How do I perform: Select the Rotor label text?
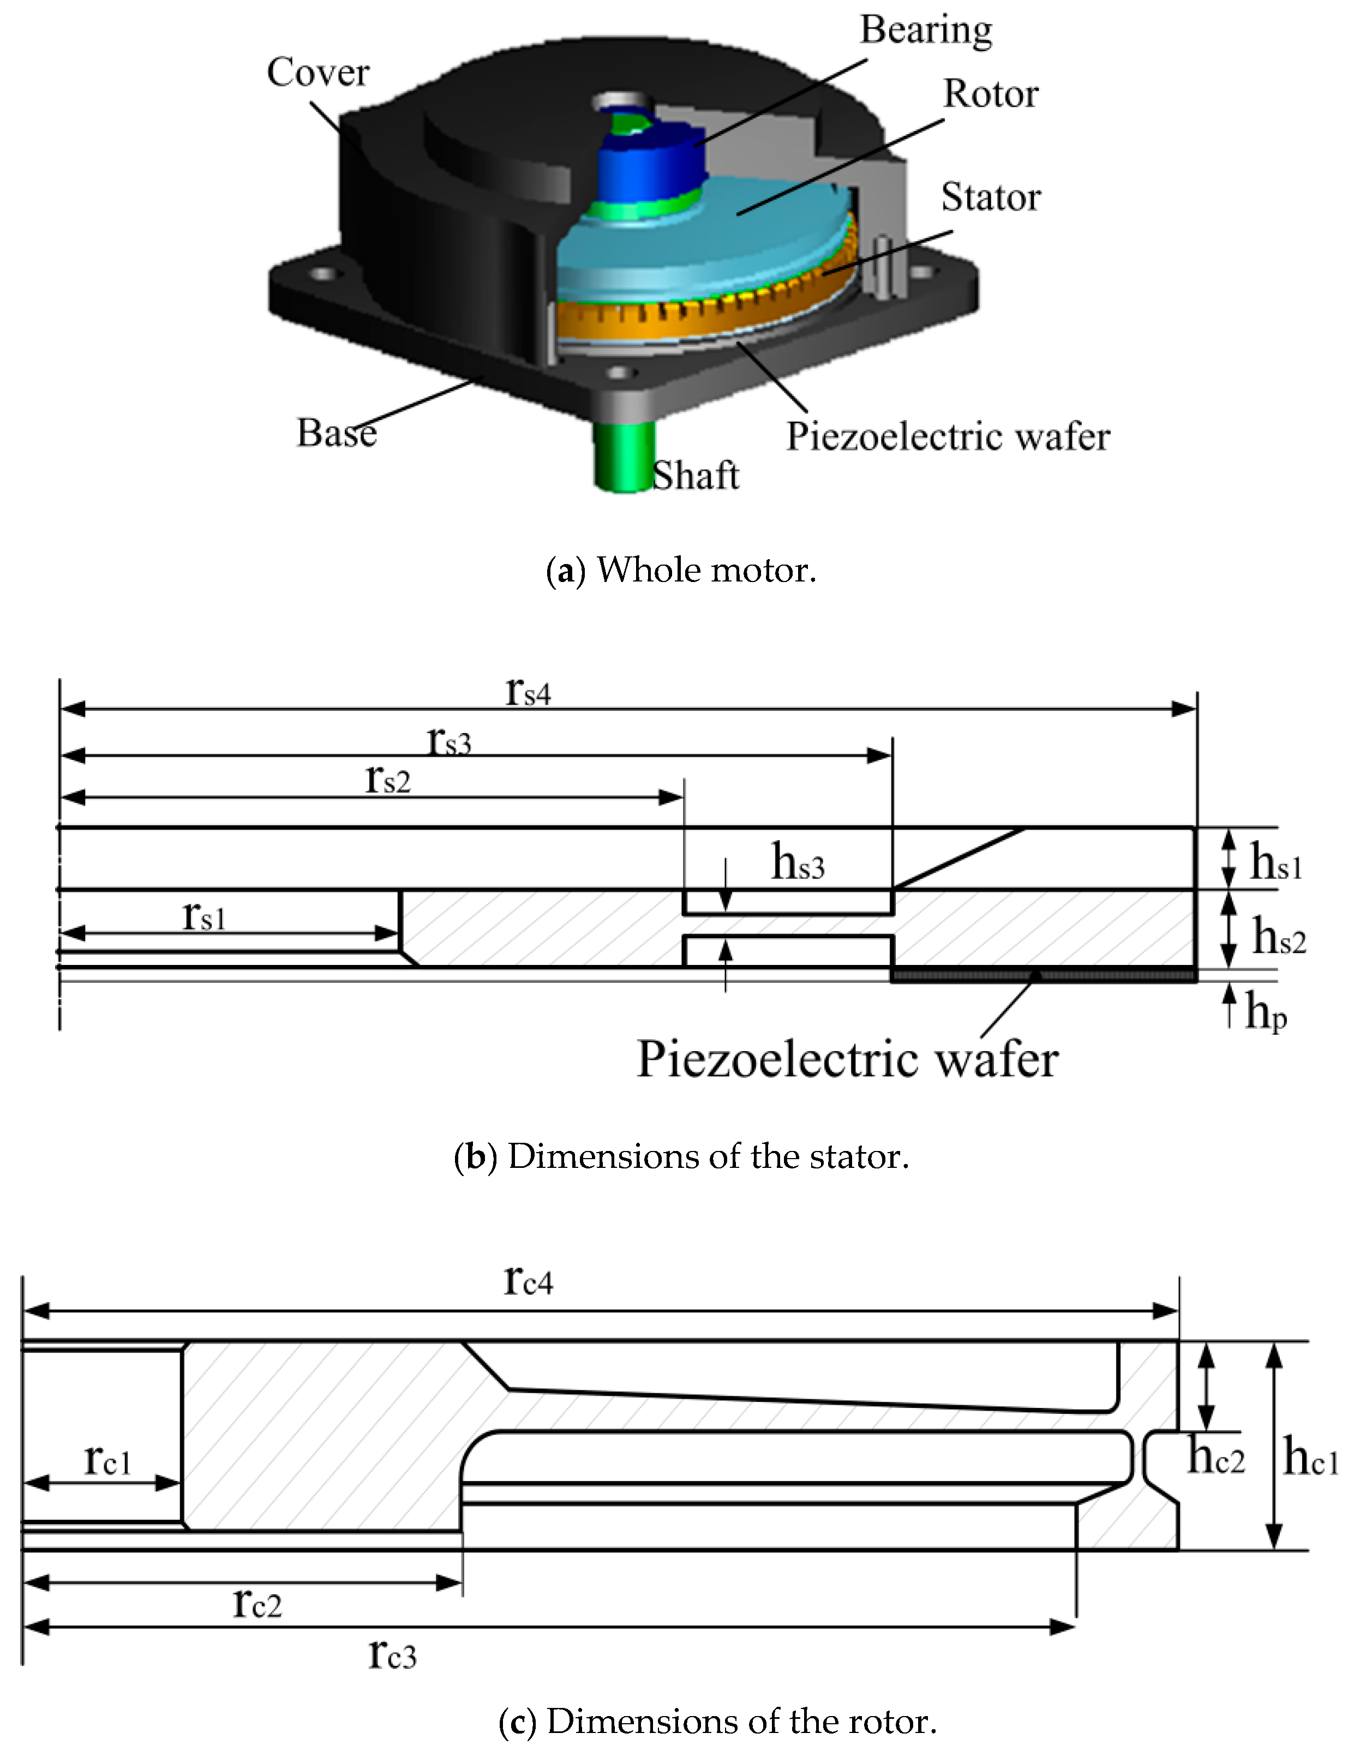990,94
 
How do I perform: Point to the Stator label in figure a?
990,197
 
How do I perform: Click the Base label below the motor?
336,433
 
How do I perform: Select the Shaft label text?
695,476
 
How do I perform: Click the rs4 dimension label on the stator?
528,691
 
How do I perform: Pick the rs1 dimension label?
203,915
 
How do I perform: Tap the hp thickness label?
1266,1012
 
